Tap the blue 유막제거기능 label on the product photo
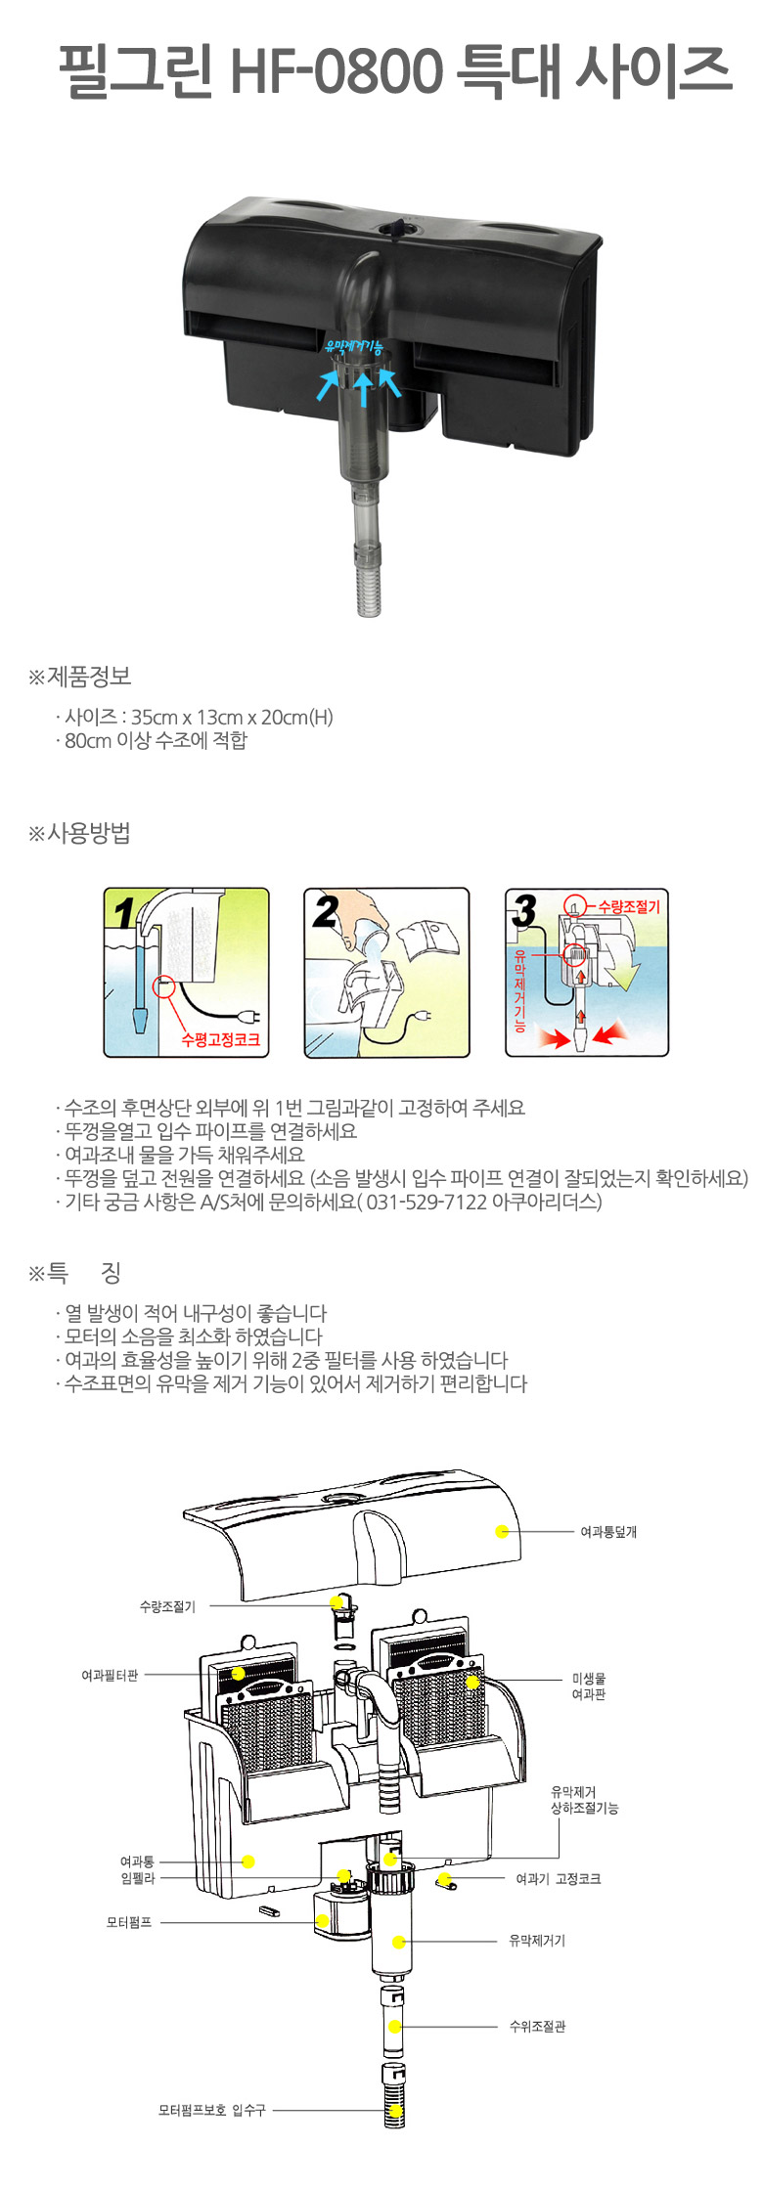(354, 347)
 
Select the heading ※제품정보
(79, 676)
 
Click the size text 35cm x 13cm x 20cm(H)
(233, 717)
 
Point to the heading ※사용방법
(79, 833)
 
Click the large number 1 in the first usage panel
(124, 912)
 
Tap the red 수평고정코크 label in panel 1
(221, 1039)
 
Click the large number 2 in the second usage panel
(325, 911)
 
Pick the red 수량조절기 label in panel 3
(629, 906)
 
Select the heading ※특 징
(74, 1273)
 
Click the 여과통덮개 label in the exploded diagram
(608, 1532)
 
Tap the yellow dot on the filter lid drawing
(502, 1532)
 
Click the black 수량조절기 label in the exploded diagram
(167, 1606)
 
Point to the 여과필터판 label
(110, 1675)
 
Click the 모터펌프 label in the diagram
(129, 1921)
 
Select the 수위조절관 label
(537, 2027)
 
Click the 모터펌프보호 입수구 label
(212, 2110)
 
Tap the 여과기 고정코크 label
(559, 1878)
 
